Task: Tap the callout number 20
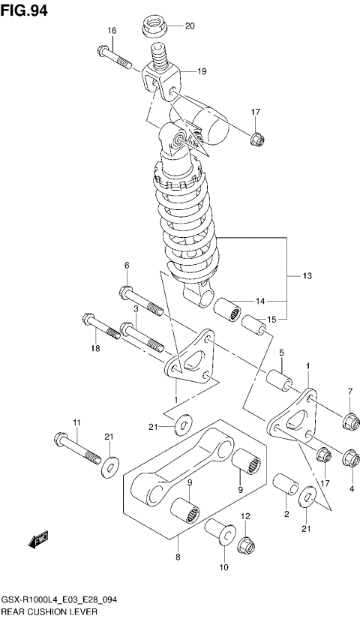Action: point(189,26)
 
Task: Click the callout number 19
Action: point(202,71)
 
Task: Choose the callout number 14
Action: point(259,301)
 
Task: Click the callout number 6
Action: point(127,266)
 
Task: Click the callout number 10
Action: point(223,569)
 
